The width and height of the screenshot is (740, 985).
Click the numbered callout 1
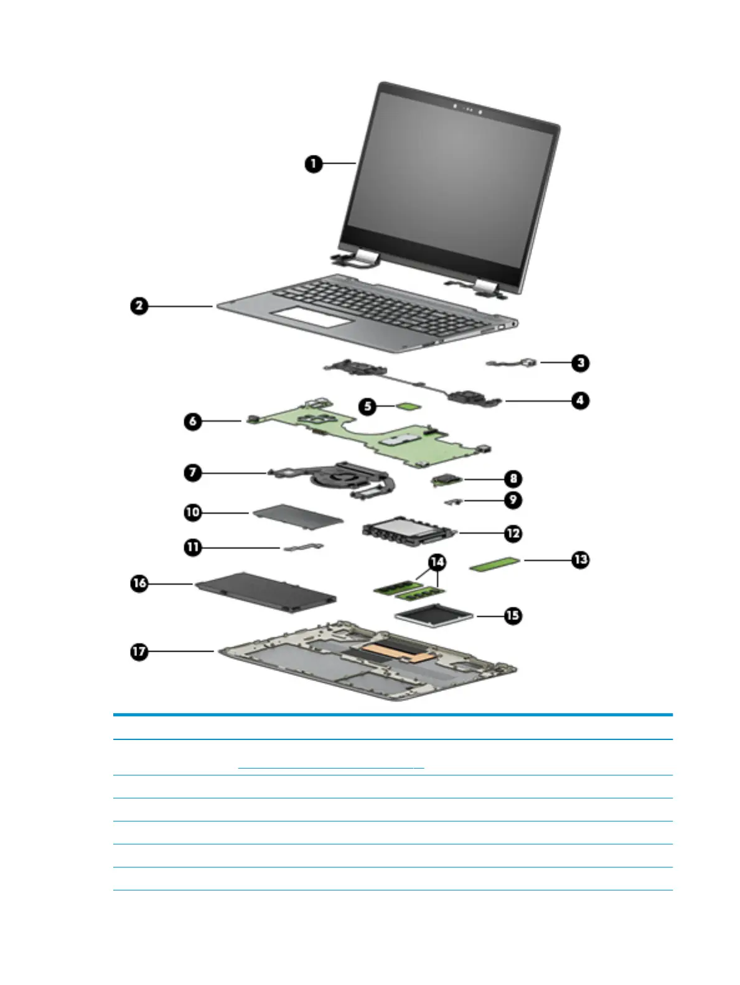coord(313,164)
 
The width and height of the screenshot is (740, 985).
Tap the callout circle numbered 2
coord(140,306)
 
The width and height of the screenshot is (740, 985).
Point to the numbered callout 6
coord(193,421)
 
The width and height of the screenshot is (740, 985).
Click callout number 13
coord(580,560)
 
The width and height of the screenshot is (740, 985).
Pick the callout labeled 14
coord(438,562)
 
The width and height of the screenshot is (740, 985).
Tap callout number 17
coord(139,651)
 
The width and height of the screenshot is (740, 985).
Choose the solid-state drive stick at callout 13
coord(494,565)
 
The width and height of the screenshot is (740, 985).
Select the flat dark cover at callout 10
coord(297,518)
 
